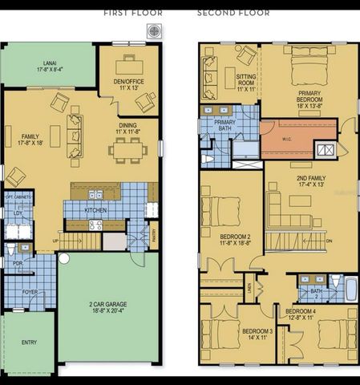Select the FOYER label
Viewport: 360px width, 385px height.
click(x=30, y=292)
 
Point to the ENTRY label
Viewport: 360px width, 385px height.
click(x=29, y=342)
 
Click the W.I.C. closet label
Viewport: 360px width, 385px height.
click(x=287, y=139)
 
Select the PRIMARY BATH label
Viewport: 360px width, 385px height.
click(x=216, y=128)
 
